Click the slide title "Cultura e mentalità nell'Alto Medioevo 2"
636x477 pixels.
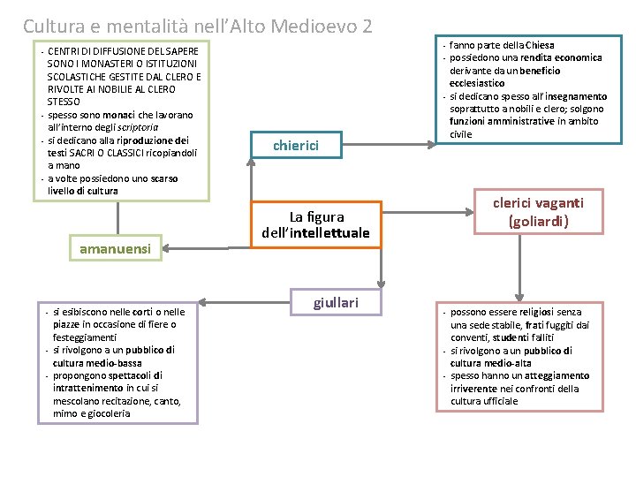(x=198, y=26)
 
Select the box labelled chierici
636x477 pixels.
(x=296, y=145)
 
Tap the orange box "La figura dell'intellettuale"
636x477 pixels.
(x=315, y=224)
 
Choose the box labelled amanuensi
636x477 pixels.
(x=116, y=249)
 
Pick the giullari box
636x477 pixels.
(x=336, y=303)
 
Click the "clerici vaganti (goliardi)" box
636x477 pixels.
(x=538, y=212)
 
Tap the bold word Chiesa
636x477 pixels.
(x=538, y=45)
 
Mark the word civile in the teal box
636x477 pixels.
(x=460, y=134)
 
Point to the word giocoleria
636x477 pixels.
(x=105, y=413)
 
